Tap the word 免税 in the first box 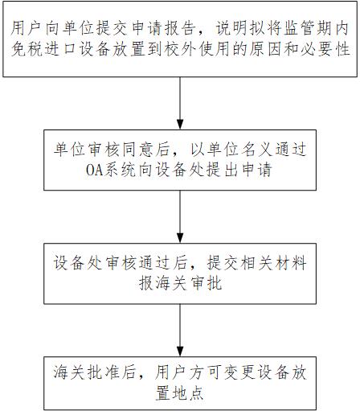pos(27,49)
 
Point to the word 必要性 pos(325,49)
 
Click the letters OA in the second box pos(95,170)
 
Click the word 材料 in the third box pos(291,263)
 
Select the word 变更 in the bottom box pos(239,372)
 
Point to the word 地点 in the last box pos(188,393)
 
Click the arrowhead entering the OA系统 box pos(180,125)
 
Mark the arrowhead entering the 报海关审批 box pos(180,238)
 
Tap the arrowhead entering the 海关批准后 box pos(180,351)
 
